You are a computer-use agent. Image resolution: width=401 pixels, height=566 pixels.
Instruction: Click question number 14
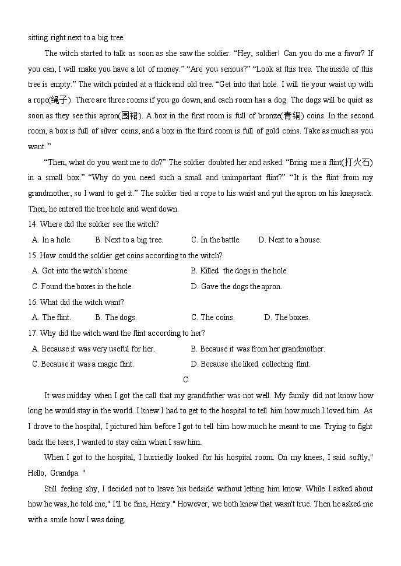coord(33,224)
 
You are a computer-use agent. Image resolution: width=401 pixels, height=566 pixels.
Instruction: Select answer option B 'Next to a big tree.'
coord(129,240)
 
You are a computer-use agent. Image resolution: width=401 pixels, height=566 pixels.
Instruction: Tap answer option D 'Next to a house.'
coord(290,240)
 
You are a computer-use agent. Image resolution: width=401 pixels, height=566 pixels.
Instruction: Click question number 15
coord(33,256)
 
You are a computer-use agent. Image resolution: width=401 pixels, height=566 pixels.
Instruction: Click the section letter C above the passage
coord(185,380)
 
